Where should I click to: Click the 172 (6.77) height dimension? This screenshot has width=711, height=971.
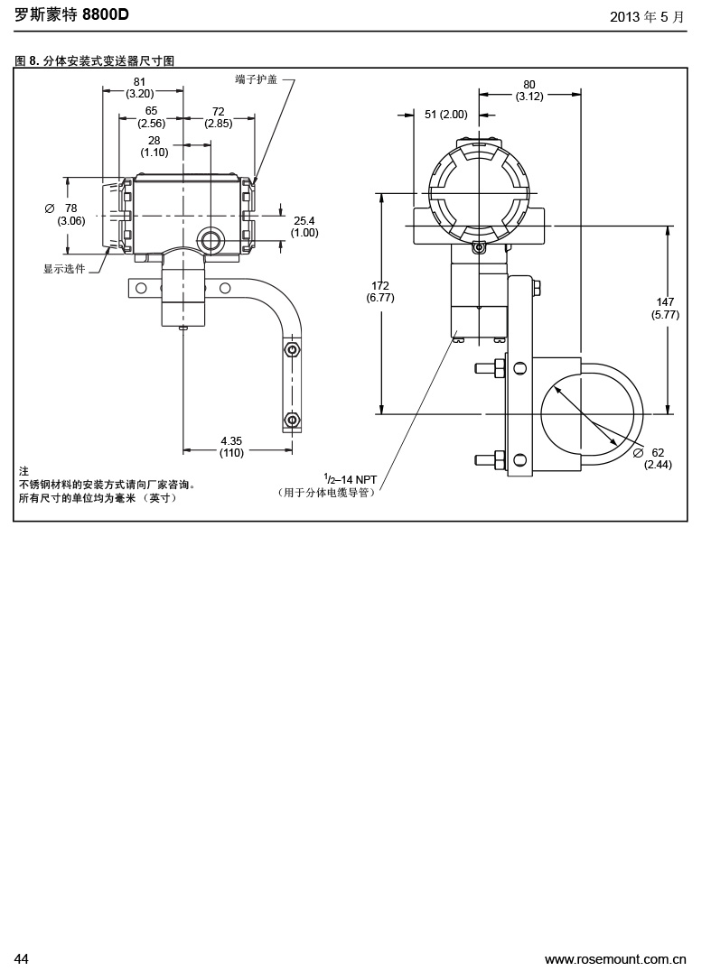(380, 291)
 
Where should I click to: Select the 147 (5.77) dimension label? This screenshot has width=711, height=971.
(665, 308)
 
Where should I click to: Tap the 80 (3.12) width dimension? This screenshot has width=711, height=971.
(529, 90)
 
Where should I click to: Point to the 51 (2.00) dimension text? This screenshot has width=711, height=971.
(446, 115)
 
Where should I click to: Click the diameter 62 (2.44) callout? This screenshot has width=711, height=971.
(657, 458)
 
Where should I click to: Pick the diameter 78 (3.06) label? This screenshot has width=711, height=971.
(70, 214)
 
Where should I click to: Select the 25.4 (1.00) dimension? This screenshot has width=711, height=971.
(304, 227)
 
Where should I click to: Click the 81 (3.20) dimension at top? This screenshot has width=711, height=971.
(139, 87)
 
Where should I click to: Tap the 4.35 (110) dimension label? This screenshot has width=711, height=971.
(231, 447)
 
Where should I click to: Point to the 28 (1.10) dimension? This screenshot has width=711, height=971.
(154, 146)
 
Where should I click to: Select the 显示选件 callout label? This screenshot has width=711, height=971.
(64, 269)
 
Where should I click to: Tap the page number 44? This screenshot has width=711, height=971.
(22, 958)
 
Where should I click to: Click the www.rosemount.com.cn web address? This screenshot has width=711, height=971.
(615, 958)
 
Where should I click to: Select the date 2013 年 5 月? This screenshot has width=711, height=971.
(647, 16)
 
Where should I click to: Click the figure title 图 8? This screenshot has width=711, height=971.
(27, 61)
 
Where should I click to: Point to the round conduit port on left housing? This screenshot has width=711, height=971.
(210, 239)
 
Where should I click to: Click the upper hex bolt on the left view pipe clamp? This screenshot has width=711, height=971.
(291, 348)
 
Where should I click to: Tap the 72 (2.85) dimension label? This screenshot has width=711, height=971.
(218, 117)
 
